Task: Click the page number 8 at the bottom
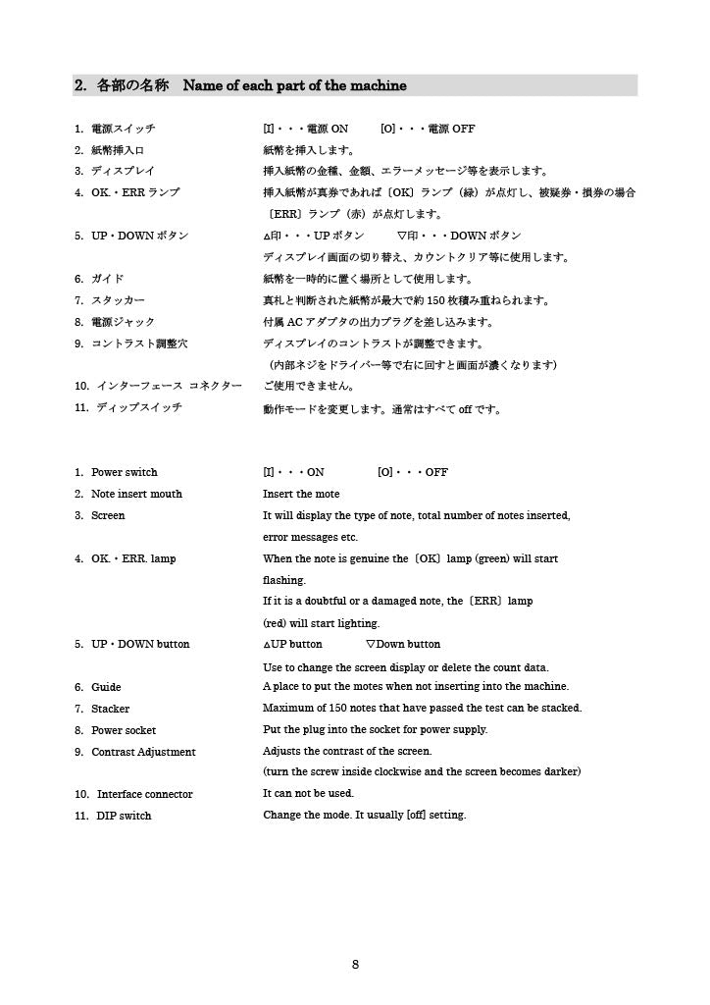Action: [355, 965]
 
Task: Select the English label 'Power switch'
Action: [124, 472]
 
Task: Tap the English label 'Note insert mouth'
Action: [136, 494]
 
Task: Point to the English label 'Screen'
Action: [108, 515]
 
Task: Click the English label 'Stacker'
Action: [110, 709]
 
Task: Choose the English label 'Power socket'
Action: [124, 730]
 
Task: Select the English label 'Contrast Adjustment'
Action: [143, 752]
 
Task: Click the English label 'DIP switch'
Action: [124, 816]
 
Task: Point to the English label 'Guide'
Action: [106, 687]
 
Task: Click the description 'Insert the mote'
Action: [301, 494]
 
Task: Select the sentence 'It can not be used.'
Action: [308, 793]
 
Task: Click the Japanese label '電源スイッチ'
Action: [123, 129]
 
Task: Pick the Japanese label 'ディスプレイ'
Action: [123, 172]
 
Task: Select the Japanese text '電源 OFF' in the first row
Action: [451, 129]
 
